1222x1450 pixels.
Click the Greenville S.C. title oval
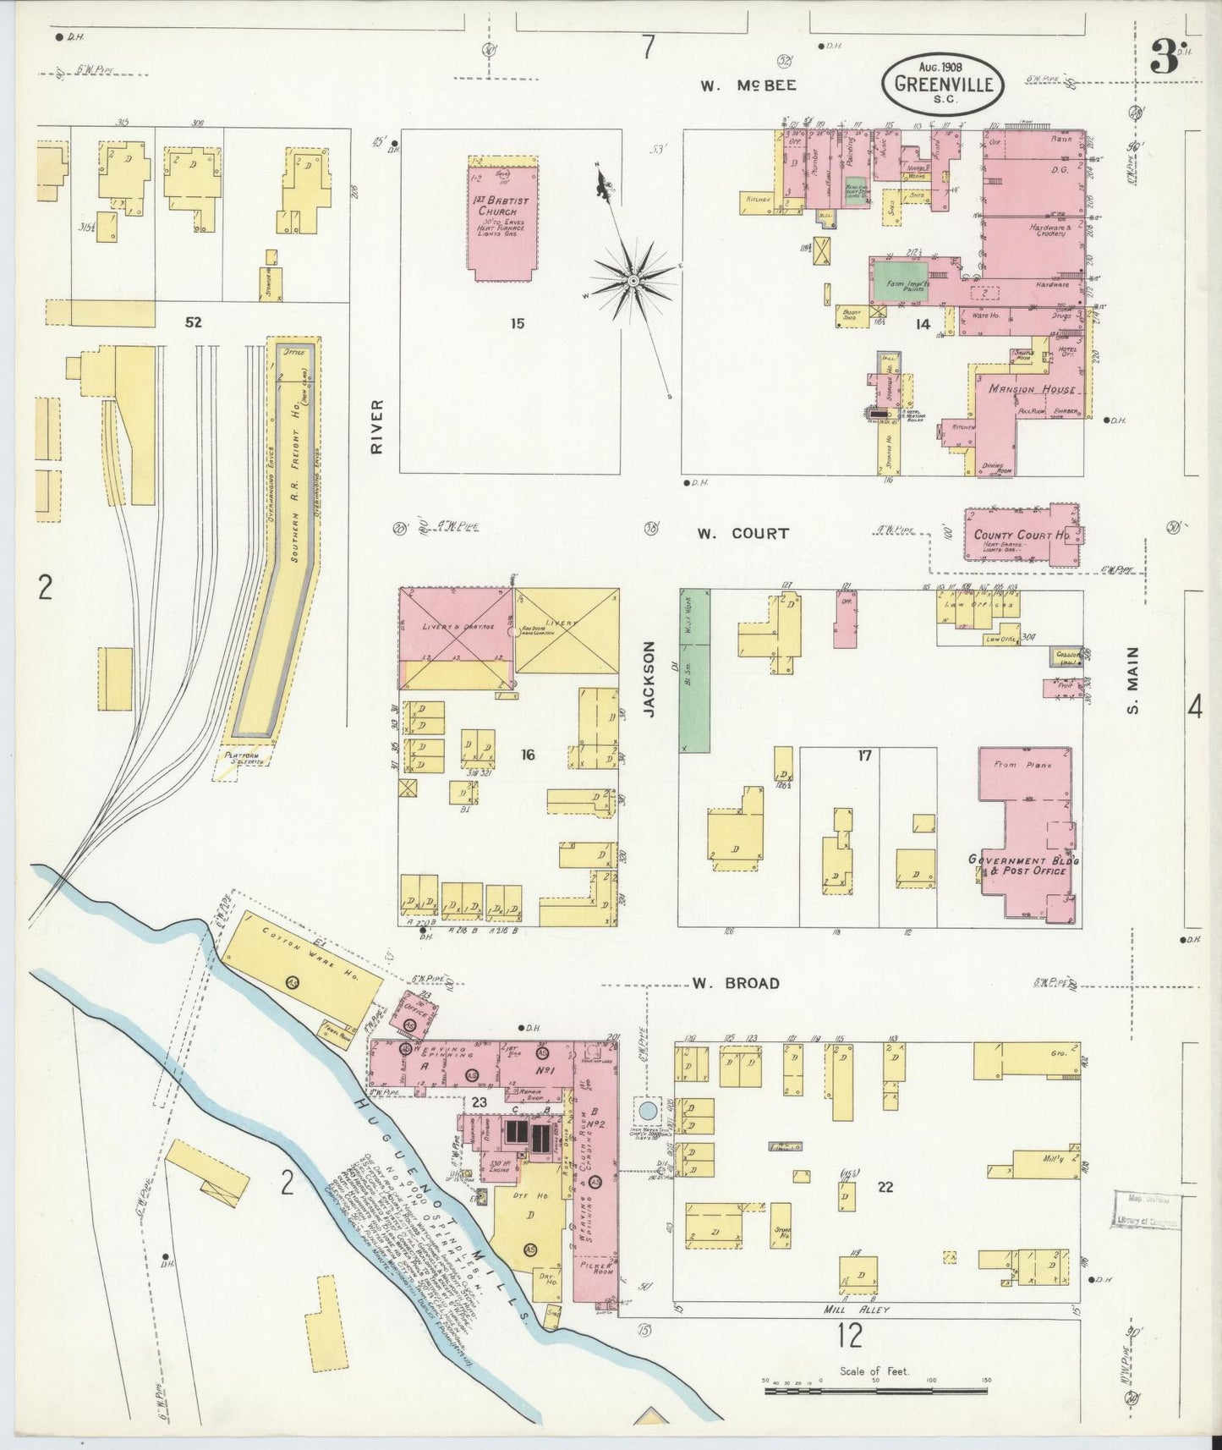click(x=944, y=83)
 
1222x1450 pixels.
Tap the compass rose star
click(x=633, y=279)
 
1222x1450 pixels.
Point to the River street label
click(x=377, y=426)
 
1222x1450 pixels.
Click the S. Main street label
click(x=1132, y=679)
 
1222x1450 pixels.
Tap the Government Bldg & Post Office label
click(x=1023, y=865)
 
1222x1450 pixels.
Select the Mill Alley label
click(x=858, y=1310)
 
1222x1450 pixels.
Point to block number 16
click(x=528, y=755)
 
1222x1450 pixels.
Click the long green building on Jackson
click(x=695, y=670)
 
